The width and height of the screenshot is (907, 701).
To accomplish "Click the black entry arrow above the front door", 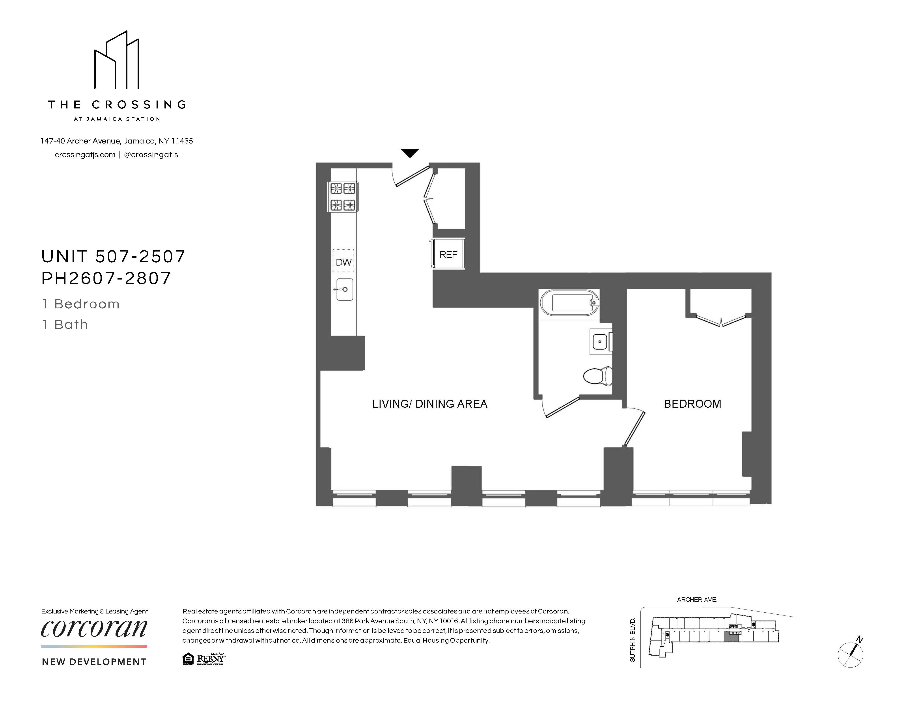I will tap(410, 153).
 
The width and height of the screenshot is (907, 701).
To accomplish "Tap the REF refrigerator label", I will tap(448, 255).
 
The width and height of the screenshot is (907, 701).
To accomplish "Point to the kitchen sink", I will tap(344, 289).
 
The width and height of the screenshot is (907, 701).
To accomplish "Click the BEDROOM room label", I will tap(692, 404).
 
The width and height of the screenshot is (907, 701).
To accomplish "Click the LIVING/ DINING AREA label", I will tap(429, 404).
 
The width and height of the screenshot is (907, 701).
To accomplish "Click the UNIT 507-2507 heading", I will tap(113, 257).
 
